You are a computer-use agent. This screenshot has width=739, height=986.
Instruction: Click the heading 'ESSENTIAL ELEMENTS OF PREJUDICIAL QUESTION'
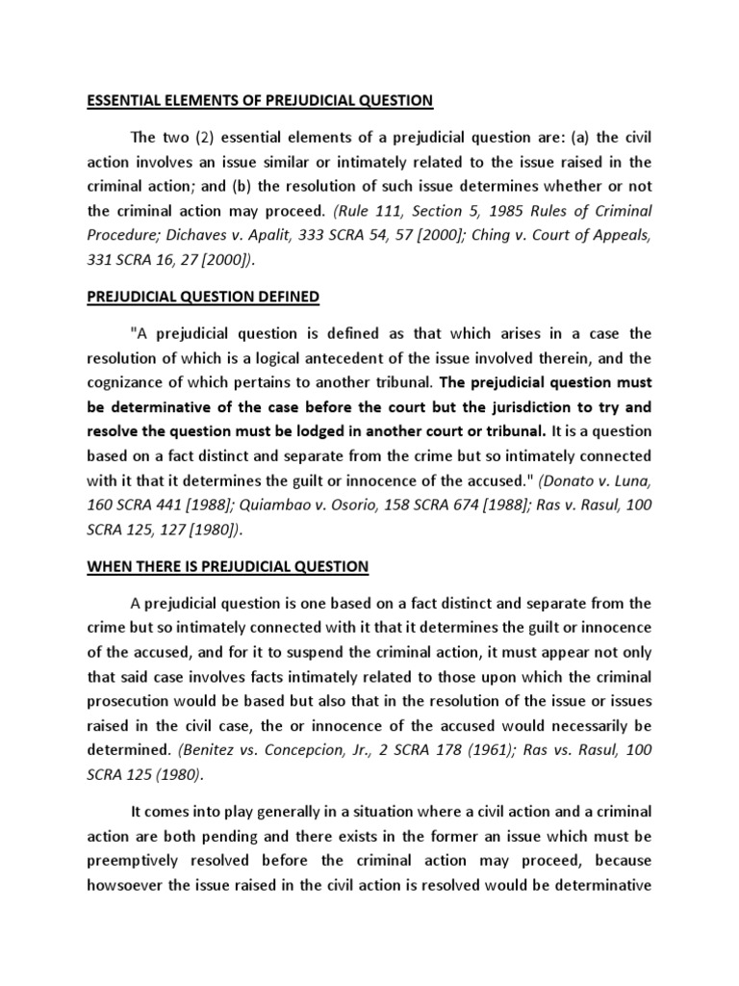pos(260,99)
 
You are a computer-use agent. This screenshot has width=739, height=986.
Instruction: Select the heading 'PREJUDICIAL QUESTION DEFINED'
pos(204,298)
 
